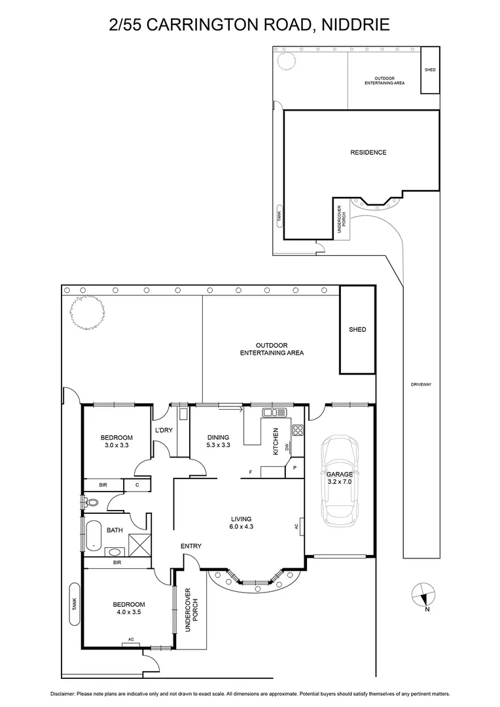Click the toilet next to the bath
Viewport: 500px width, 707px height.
[91, 503]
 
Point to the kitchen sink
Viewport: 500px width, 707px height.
[275, 412]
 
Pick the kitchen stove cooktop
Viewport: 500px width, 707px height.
[298, 430]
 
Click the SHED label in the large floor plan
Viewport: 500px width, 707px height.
[357, 329]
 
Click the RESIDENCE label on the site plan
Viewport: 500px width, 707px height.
[368, 153]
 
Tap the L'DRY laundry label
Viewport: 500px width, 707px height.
[163, 430]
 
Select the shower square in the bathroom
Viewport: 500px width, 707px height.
[140, 545]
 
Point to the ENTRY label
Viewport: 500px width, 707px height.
[191, 546]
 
